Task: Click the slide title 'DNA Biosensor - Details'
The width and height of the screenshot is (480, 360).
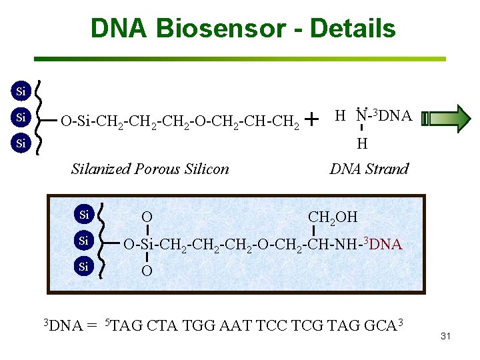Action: point(243,29)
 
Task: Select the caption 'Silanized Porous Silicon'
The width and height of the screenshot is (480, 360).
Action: point(150,169)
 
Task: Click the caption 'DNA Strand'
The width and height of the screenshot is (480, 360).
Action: point(369,169)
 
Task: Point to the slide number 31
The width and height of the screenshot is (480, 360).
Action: point(446,336)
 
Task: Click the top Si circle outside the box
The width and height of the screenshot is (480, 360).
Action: point(21,91)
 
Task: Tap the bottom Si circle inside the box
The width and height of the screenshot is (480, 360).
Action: point(84,267)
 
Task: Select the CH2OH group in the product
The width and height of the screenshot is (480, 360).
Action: point(333,217)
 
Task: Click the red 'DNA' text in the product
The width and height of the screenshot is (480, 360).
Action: point(385,245)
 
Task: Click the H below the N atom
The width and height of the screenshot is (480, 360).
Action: point(361,143)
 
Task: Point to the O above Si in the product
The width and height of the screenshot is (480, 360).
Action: point(146,217)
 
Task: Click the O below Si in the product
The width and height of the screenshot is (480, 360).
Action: point(146,271)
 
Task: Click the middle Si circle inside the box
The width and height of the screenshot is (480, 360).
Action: point(84,240)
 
